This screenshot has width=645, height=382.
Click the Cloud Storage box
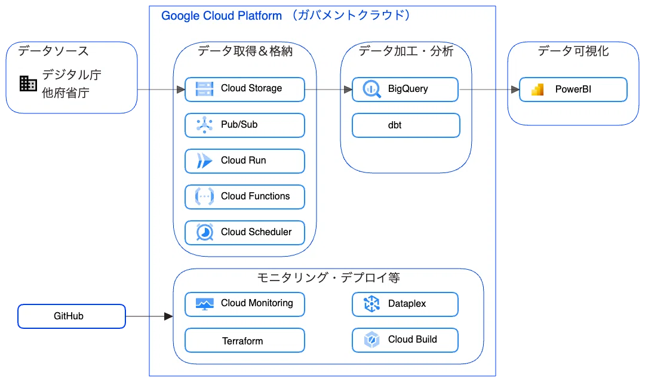245,89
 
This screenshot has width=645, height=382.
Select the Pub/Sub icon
204,125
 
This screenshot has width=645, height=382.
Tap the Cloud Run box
245,161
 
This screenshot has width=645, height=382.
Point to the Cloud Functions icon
204,196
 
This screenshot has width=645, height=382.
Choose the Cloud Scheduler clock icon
204,232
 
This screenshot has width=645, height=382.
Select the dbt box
406,125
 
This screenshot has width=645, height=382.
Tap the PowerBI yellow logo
537,90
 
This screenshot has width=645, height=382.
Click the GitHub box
72,316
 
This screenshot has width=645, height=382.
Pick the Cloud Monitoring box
245,304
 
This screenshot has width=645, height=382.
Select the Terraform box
245,340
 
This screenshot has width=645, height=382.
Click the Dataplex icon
372,304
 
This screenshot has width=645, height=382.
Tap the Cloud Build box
405,340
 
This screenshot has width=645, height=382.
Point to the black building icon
29,84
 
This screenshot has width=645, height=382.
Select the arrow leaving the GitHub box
149,316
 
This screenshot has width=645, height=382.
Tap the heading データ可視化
573,51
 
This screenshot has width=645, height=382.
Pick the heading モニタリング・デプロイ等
328,278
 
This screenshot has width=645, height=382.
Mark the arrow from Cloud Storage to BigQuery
328,89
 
